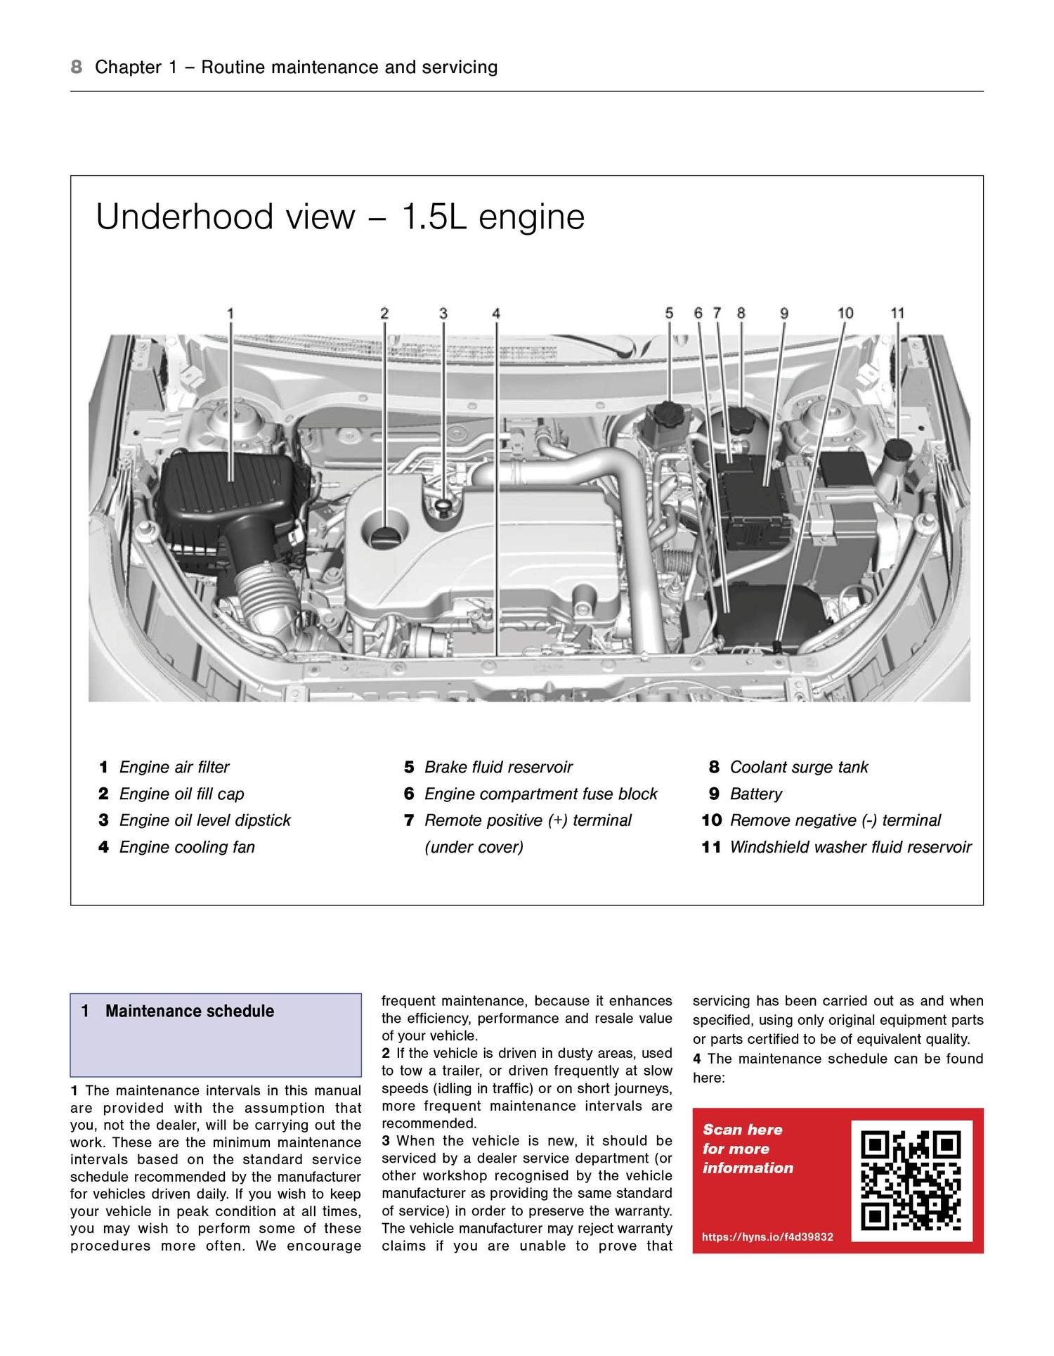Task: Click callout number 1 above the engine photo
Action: pos(230,314)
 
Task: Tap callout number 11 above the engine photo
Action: pos(897,314)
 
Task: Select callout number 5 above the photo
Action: pos(669,314)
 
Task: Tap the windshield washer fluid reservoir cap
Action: pos(897,449)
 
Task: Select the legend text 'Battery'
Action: pos(755,794)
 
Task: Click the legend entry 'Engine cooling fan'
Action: pos(187,847)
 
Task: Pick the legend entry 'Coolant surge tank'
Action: pos(799,767)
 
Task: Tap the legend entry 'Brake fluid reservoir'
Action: pos(498,767)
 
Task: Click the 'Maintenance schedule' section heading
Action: pos(190,1011)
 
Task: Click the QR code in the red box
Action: pos(911,1181)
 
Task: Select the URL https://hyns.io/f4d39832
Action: pos(767,1236)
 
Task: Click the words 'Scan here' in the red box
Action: pos(742,1130)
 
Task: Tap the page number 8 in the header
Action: pos(76,67)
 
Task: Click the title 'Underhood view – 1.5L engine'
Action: pos(340,217)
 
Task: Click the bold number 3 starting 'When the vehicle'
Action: pos(386,1141)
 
